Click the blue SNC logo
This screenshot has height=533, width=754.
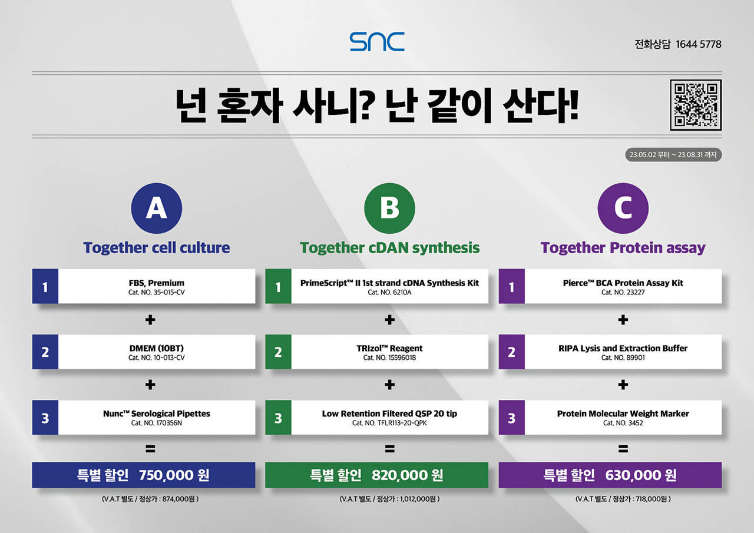tap(377, 42)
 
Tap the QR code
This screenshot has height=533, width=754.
tap(696, 105)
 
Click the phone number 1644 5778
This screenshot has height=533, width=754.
tap(699, 44)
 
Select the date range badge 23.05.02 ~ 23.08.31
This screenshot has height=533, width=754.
tap(673, 155)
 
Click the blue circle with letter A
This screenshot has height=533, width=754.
tap(157, 208)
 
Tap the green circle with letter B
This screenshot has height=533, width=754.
tap(389, 208)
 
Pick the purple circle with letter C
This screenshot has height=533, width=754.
tap(623, 208)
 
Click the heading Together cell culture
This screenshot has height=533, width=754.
tap(157, 248)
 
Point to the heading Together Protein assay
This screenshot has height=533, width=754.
tap(623, 248)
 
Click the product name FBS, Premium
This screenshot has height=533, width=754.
tap(157, 283)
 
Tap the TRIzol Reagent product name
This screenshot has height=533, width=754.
tap(389, 348)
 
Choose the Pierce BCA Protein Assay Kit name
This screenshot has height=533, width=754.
tap(623, 283)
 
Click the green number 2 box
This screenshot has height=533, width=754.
tap(278, 352)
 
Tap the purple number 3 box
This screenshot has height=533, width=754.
tap(512, 418)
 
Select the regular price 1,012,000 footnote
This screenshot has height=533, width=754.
tap(418, 499)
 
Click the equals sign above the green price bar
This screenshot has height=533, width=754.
tap(389, 449)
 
